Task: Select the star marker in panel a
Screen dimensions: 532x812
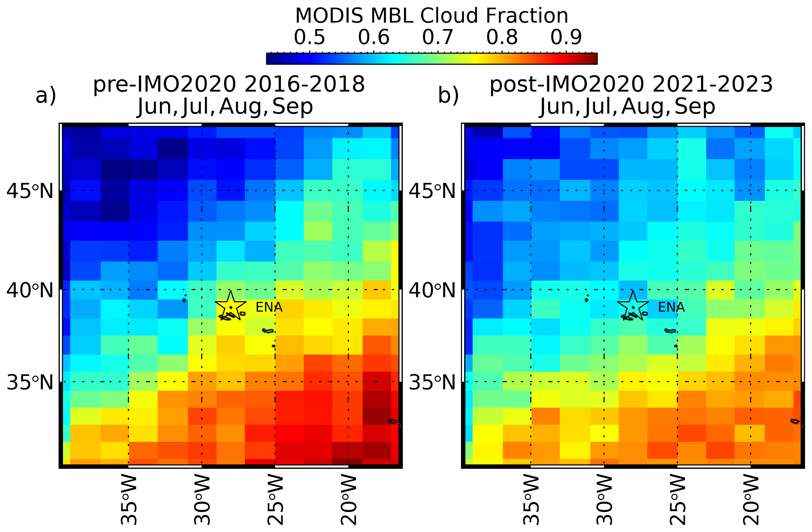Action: coord(231,306)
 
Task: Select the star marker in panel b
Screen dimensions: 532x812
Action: coord(633,306)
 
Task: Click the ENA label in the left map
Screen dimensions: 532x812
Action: coord(269,308)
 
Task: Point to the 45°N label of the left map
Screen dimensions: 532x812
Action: coord(30,191)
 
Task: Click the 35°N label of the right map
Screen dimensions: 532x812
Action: coord(432,382)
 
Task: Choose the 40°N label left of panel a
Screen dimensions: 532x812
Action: coord(30,290)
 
